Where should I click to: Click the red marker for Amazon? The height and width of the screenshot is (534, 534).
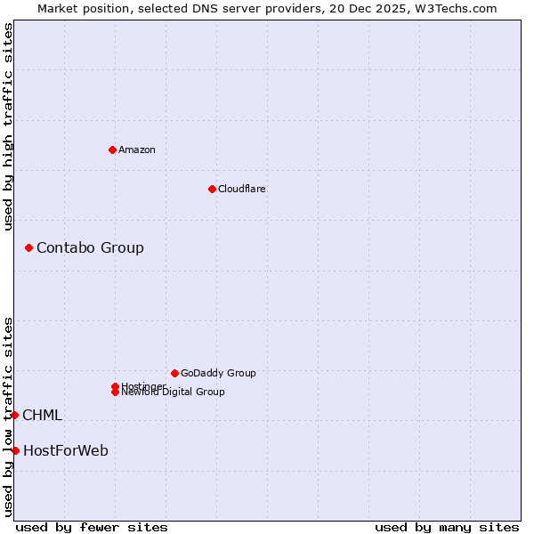[x=112, y=150]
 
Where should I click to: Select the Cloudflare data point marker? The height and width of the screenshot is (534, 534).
[x=212, y=189]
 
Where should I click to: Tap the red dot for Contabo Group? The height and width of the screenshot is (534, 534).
[x=28, y=247]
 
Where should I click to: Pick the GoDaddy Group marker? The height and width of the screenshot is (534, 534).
[x=174, y=373]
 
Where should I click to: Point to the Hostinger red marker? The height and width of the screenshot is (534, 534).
[x=115, y=386]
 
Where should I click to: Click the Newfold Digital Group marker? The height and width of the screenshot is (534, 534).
[x=115, y=392]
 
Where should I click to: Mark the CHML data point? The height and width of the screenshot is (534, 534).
[x=14, y=415]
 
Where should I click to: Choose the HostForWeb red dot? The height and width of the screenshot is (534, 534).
[x=15, y=450]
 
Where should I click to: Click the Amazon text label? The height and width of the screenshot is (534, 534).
[x=136, y=150]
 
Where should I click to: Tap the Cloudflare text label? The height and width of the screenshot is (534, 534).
[x=241, y=189]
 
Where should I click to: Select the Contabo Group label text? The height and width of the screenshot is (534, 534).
[x=90, y=247]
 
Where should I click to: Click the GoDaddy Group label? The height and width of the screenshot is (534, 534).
[x=218, y=373]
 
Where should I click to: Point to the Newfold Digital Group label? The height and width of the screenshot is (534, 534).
[x=174, y=392]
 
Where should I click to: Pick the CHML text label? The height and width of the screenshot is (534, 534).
[x=42, y=415]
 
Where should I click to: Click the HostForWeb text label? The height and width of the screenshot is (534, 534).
[x=66, y=450]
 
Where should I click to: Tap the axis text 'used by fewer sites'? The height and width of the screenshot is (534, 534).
[x=92, y=527]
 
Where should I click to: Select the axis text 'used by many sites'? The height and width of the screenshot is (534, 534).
[x=447, y=527]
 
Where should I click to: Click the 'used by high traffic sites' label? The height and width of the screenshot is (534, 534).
[x=8, y=126]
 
